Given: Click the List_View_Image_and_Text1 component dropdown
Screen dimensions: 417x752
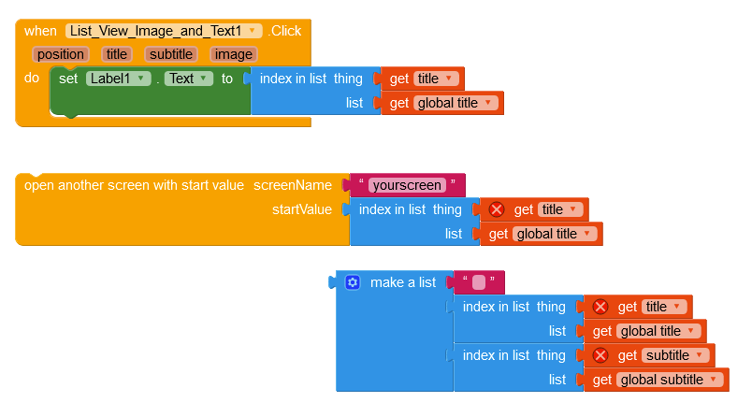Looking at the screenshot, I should [164, 31].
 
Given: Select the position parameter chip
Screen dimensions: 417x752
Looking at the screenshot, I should [61, 54].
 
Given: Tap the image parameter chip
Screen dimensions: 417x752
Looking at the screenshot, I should [233, 54].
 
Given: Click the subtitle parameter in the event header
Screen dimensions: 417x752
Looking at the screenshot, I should [170, 54].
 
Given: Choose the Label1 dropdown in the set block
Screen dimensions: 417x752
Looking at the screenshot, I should [118, 79].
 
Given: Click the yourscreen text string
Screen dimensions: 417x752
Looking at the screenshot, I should [407, 185].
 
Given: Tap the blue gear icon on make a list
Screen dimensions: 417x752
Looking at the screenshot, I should [353, 282].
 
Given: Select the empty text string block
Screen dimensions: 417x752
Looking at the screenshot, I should [478, 282].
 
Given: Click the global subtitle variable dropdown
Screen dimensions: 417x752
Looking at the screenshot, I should [671, 380].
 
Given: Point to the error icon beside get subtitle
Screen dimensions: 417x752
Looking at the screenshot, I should [600, 355].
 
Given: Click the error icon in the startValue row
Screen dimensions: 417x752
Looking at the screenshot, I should [497, 209].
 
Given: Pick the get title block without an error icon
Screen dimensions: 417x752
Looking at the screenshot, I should [423, 79].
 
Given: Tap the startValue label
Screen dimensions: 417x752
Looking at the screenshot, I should [302, 209].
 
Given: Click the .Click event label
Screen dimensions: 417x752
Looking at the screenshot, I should [284, 31].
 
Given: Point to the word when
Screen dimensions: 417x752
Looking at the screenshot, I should [40, 31].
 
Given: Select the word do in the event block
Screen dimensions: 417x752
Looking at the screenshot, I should [32, 78].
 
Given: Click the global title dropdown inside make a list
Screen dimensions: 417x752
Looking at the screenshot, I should [660, 331].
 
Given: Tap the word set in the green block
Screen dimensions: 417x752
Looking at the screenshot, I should [68, 79].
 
